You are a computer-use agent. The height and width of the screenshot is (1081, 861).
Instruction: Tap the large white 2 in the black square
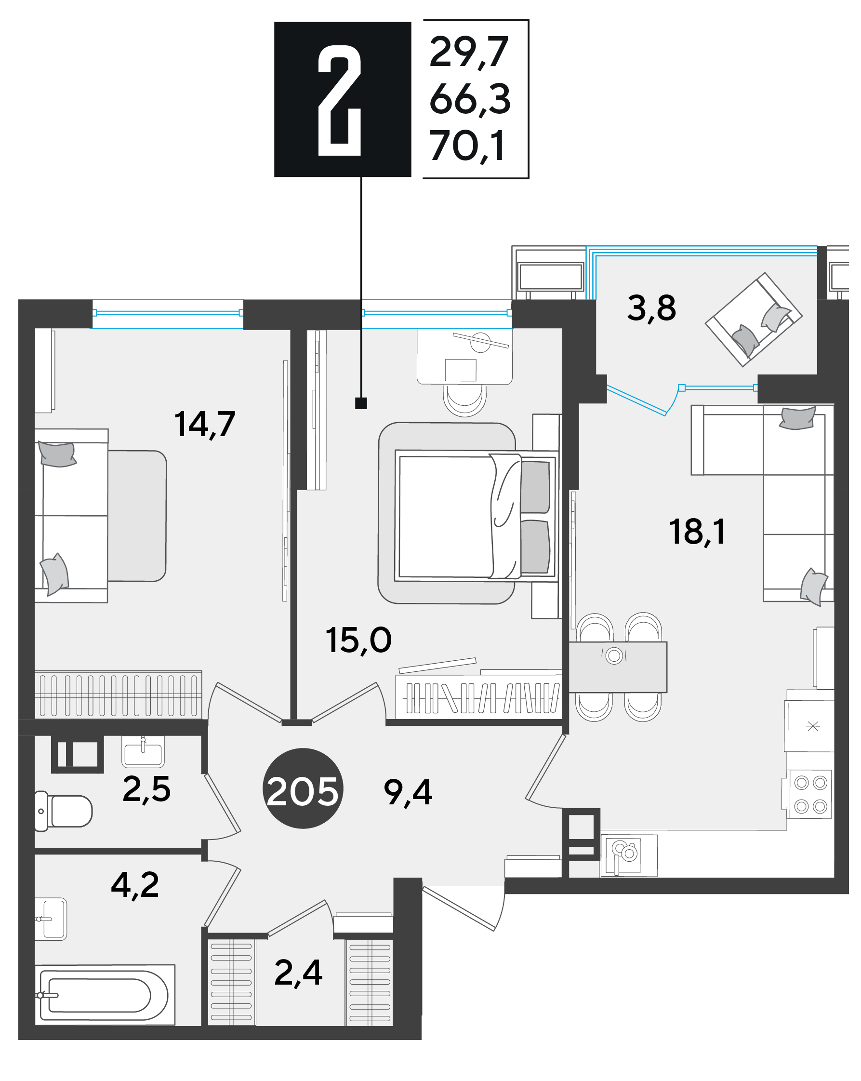[339, 100]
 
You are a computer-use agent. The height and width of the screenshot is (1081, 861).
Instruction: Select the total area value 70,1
[467, 147]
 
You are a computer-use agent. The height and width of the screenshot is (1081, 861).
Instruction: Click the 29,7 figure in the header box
[469, 52]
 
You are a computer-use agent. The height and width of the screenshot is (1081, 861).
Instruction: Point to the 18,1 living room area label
[697, 533]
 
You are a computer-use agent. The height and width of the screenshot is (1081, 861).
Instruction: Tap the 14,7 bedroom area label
[204, 425]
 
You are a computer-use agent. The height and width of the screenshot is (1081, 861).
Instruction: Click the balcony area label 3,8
[651, 308]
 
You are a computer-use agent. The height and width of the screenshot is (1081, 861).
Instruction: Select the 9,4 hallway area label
[408, 793]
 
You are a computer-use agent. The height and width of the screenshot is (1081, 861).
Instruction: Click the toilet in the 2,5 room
[63, 811]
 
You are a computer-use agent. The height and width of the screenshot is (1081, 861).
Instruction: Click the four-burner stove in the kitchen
[809, 795]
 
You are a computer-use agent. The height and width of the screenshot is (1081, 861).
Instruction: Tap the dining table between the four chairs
[617, 667]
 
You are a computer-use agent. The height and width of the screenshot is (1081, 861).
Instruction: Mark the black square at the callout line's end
[361, 403]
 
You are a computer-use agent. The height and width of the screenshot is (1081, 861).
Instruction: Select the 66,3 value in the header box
[470, 99]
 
